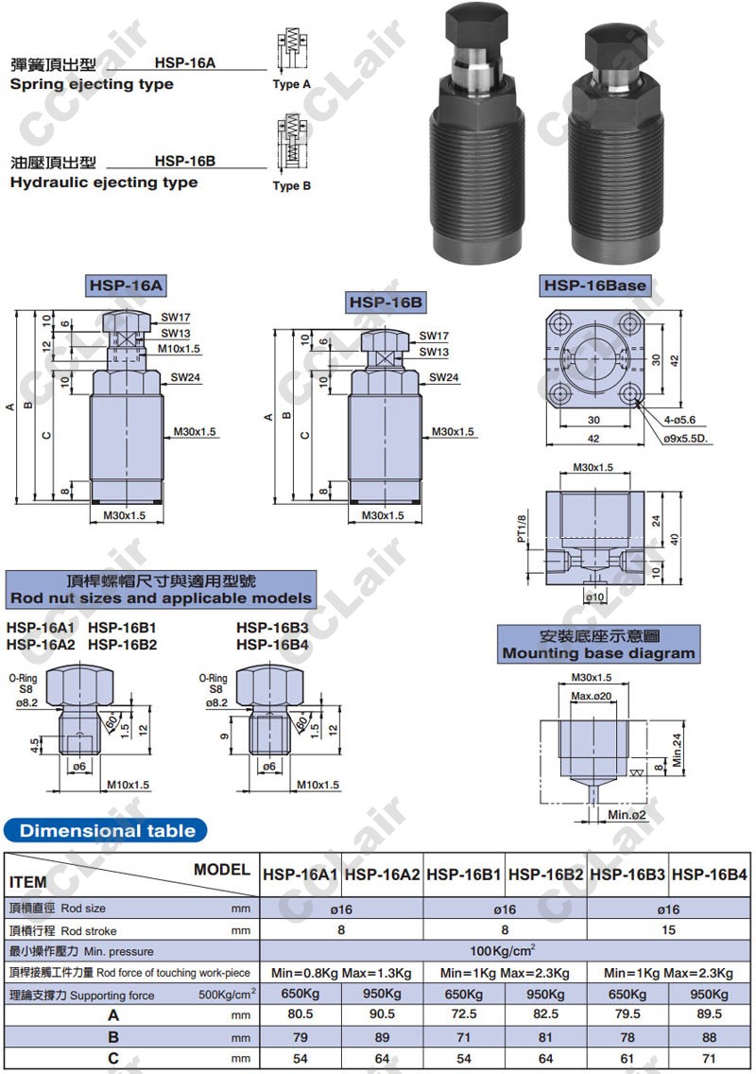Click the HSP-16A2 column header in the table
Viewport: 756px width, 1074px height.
tap(382, 875)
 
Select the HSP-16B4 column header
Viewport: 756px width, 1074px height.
tap(709, 875)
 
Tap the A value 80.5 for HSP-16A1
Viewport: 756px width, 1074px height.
tap(300, 1013)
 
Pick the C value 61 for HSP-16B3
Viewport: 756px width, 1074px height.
tap(627, 1058)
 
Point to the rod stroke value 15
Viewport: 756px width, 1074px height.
tap(668, 930)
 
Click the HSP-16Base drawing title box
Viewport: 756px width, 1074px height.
tap(595, 286)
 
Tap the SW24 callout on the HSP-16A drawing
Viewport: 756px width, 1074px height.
tap(185, 377)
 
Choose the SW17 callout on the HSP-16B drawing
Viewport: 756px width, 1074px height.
tap(434, 336)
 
